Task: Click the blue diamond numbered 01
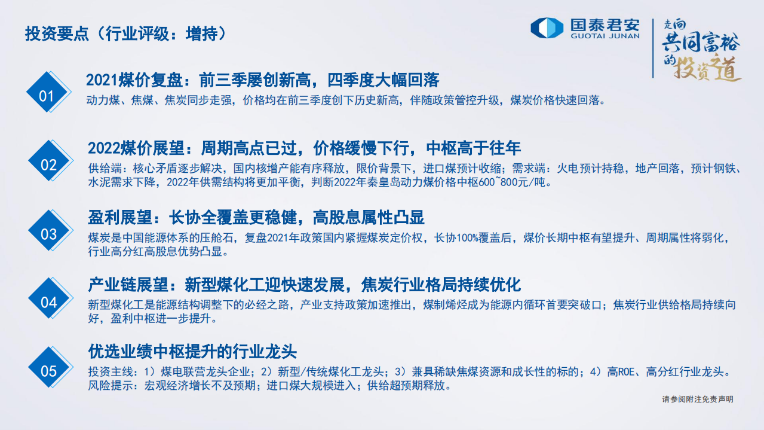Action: click(47, 96)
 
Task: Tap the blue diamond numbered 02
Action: click(48, 165)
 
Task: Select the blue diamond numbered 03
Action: click(48, 234)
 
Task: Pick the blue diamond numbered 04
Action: click(48, 303)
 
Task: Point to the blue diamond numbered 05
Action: click(48, 371)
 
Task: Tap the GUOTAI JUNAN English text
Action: click(605, 36)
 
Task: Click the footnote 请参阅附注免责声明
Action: click(697, 399)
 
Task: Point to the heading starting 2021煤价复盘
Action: click(263, 80)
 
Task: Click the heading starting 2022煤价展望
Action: click(304, 148)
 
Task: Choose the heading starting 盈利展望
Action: click(256, 217)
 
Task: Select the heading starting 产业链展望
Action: click(305, 285)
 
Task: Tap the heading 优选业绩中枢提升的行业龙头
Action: click(192, 351)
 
